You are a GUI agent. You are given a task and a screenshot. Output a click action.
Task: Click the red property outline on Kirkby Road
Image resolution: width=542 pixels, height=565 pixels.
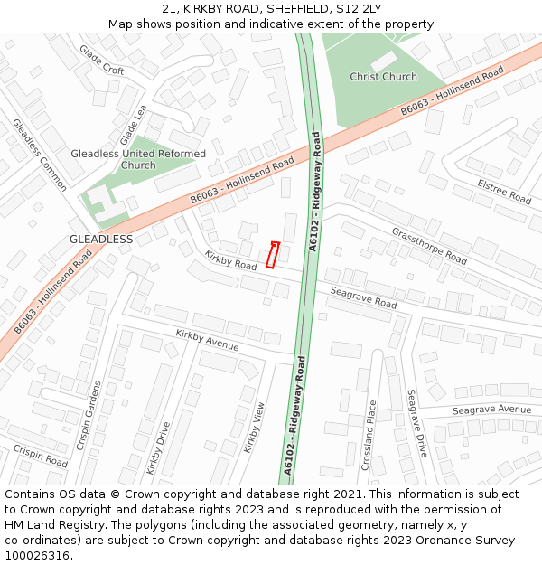pos(274,255)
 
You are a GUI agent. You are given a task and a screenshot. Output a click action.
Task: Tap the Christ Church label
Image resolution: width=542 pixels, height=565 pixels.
pos(383,77)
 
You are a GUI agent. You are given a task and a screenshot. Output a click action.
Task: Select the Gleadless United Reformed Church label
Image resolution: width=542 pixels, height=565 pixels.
pos(138,159)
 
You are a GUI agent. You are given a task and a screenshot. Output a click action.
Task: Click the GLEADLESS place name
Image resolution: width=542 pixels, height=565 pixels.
pos(101,240)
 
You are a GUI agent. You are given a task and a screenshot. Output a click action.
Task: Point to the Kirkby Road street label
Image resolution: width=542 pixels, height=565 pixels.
pos(230,260)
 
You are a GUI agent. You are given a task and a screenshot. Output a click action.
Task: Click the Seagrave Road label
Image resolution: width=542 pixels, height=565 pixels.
pos(363,298)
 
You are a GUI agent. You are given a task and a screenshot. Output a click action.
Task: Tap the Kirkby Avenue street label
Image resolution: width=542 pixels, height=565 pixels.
pos(207,341)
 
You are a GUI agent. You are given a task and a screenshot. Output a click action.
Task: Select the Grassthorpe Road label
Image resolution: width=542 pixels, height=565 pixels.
pos(429,245)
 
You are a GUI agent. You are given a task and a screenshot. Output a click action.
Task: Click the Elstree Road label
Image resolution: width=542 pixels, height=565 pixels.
pos(504,191)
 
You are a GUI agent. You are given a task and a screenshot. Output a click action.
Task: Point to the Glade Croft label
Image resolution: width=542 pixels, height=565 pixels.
pos(101,60)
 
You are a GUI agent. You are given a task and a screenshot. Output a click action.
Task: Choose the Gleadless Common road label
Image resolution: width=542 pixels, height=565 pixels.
pos(40,155)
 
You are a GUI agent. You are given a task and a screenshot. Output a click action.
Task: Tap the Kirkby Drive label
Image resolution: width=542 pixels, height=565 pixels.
pos(158,449)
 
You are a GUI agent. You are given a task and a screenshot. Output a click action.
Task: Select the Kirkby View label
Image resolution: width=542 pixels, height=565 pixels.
pos(254,428)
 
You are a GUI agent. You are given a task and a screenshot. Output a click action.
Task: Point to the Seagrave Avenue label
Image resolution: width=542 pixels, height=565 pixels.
pos(491,410)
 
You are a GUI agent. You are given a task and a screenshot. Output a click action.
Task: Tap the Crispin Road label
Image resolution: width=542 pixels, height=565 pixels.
pos(40,456)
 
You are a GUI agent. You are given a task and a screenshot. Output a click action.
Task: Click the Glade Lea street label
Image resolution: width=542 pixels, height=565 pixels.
pos(133,125)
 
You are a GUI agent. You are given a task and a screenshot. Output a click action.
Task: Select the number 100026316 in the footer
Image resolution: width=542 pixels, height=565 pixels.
pos(37,556)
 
